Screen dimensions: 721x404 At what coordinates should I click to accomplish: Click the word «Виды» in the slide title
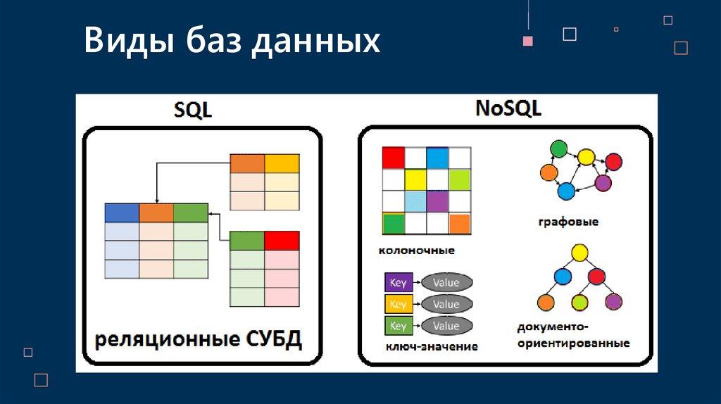[130, 40]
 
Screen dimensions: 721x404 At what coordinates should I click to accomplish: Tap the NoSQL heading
[508, 108]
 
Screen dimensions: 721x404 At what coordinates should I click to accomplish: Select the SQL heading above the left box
[193, 110]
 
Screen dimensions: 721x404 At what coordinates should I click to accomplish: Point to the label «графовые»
[568, 222]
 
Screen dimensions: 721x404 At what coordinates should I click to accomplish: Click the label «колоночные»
[417, 251]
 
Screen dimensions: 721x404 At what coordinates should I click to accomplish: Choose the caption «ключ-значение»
[432, 346]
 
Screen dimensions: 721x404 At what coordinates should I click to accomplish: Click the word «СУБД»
[274, 340]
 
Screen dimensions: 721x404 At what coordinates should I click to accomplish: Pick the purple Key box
[399, 283]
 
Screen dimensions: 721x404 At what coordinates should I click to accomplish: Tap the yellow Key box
[399, 304]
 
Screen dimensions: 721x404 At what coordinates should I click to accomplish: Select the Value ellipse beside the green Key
[446, 326]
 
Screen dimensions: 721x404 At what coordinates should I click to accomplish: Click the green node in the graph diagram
[558, 149]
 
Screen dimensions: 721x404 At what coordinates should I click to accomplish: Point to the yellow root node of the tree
[579, 253]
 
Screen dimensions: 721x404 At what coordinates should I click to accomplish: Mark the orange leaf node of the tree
[546, 303]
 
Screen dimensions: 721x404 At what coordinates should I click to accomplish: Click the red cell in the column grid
[394, 158]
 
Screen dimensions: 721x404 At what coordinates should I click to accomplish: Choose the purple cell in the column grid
[437, 202]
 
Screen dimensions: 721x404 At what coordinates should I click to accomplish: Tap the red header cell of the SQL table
[282, 241]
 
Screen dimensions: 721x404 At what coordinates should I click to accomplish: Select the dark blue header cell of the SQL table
[122, 213]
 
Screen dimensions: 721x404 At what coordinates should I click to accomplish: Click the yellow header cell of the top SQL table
[282, 163]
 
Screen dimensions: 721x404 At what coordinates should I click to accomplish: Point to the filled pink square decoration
[528, 41]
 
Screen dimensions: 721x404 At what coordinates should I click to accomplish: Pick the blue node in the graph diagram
[566, 191]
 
